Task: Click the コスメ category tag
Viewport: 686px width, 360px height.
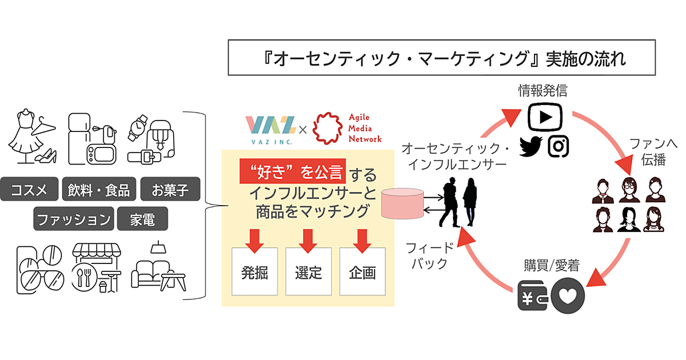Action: click(x=30, y=189)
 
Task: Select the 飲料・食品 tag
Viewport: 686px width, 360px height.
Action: click(x=99, y=189)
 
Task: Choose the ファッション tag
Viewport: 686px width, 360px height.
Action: click(x=72, y=219)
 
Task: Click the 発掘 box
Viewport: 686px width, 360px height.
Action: click(x=254, y=272)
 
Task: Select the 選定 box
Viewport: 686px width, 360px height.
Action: click(x=308, y=272)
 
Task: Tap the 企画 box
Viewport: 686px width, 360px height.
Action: click(x=362, y=272)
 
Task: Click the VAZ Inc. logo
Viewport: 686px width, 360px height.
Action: click(x=270, y=128)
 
